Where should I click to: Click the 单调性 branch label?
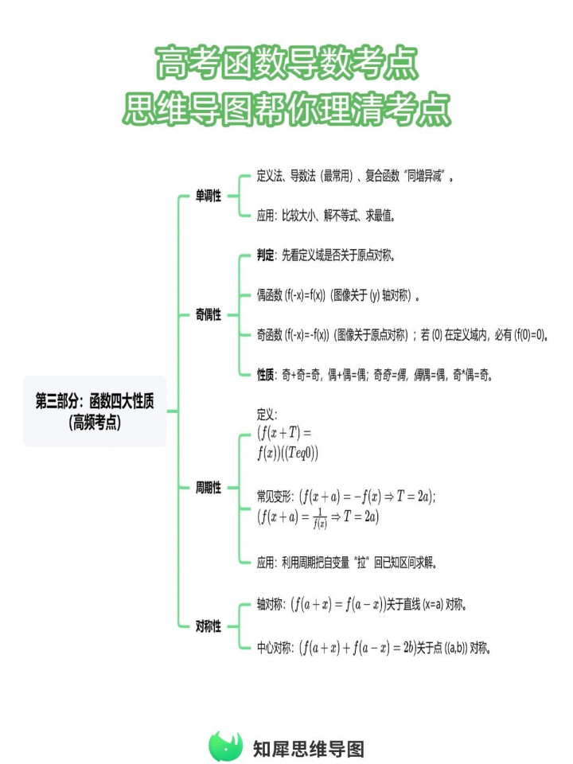208,196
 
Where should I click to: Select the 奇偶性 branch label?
208,315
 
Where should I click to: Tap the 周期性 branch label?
208,487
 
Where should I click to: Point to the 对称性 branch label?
208,626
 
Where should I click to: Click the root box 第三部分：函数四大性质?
95,411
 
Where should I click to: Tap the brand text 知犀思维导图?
309,749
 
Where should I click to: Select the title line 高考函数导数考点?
286,63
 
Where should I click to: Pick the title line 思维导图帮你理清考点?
286,108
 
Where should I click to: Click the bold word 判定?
266,255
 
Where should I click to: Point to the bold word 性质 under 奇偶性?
266,375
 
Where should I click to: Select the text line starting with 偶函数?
339,295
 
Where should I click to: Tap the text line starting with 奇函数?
403,335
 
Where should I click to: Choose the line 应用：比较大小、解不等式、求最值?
325,216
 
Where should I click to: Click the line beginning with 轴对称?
362,605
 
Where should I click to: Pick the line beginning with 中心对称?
374,648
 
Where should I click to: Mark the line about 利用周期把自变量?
346,563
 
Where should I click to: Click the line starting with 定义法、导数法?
355,175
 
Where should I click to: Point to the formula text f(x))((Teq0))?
287,453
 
